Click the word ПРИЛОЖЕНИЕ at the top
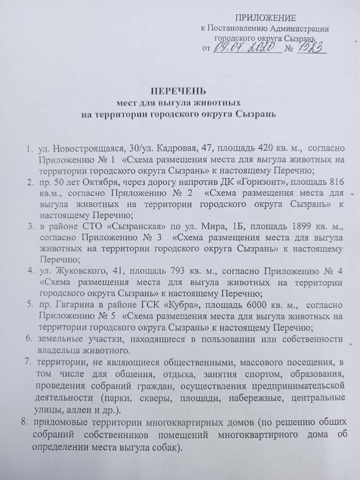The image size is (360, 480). click(266, 18)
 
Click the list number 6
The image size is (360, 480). click(28, 338)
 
